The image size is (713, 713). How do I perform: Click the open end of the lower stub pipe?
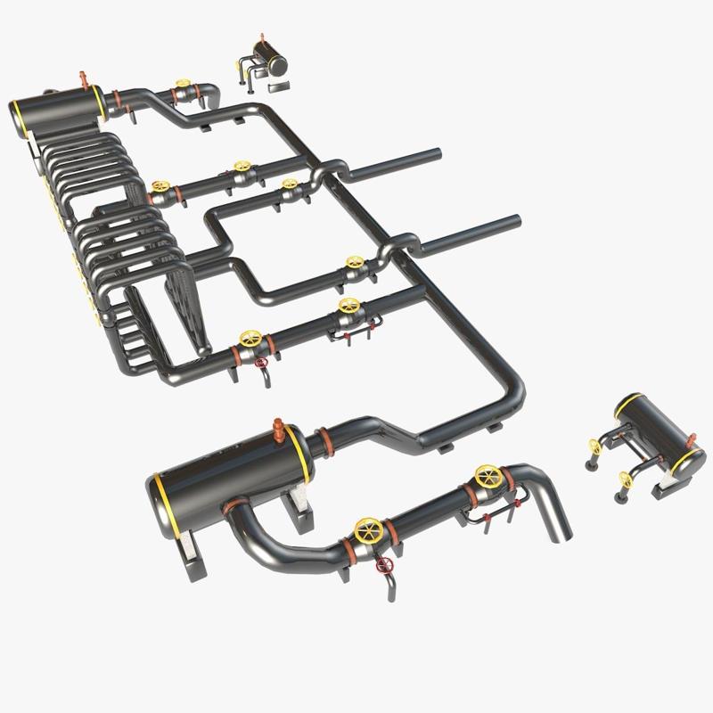(516, 221)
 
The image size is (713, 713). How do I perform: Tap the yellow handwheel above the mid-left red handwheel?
(250, 339)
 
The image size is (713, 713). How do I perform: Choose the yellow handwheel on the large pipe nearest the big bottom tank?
(366, 531)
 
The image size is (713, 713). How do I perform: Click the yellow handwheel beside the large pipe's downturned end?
(487, 476)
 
